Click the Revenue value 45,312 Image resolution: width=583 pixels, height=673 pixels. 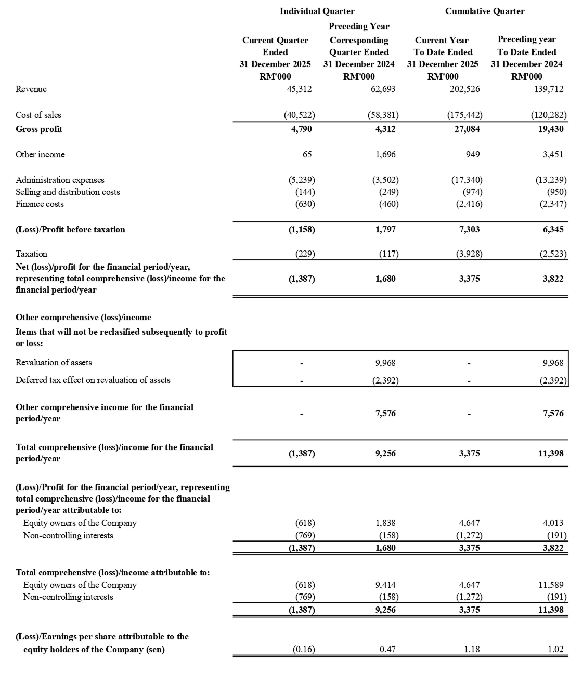tap(299, 89)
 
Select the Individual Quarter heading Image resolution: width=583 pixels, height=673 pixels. tap(317, 11)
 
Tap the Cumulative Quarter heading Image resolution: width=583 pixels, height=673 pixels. tap(484, 11)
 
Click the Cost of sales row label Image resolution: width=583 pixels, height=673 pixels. tap(38, 115)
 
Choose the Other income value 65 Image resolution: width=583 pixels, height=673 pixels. tap(307, 154)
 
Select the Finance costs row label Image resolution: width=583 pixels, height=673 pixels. tap(40, 204)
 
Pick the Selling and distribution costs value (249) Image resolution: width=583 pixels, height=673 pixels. tap(388, 192)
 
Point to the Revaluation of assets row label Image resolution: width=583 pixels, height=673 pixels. tap(54, 362)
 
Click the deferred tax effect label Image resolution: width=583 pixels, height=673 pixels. tap(93, 380)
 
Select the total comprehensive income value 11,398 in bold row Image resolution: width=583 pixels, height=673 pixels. tap(550, 453)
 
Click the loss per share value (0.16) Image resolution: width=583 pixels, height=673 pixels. tap(302, 649)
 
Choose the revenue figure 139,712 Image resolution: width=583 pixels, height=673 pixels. tap(549, 89)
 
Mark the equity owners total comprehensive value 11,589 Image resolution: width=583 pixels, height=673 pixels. tap(551, 585)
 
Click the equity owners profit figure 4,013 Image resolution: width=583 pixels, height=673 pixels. tap(552, 523)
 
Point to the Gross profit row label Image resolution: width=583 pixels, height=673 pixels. tap(38, 129)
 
